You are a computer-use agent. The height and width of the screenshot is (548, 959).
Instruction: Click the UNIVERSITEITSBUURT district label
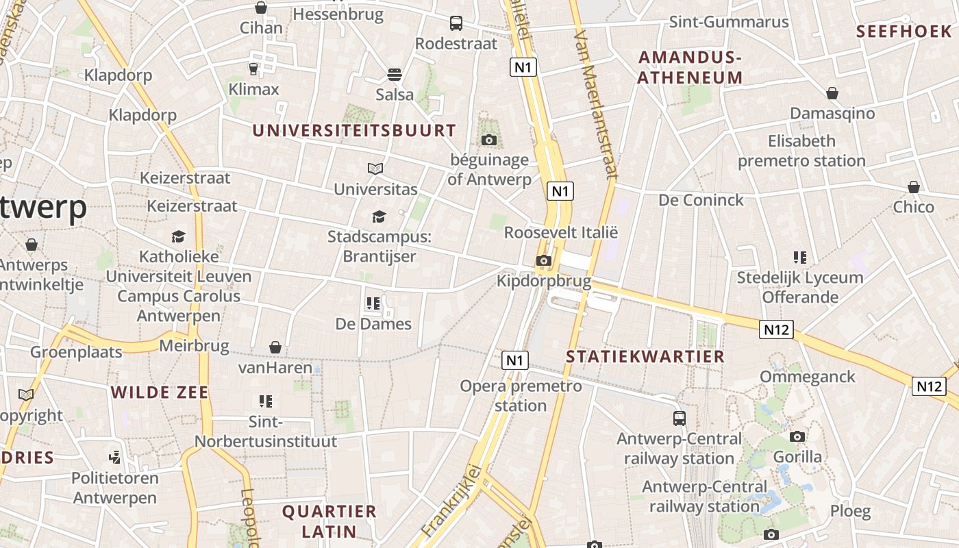click(354, 130)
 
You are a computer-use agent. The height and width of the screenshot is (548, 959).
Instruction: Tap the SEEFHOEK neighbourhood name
click(904, 32)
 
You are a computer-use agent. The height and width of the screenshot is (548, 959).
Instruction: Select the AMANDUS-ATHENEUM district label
click(690, 67)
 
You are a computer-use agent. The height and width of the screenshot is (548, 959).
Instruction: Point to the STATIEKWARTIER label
click(645, 356)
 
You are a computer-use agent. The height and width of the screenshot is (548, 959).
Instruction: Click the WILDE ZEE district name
click(160, 393)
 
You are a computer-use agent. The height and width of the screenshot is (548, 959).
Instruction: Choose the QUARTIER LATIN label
click(329, 521)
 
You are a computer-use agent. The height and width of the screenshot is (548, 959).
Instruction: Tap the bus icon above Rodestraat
click(456, 23)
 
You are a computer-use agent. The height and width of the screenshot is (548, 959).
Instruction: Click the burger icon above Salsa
click(394, 74)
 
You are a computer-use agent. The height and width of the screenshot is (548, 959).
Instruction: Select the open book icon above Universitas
click(375, 169)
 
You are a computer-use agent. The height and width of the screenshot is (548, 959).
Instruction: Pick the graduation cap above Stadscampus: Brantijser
click(379, 217)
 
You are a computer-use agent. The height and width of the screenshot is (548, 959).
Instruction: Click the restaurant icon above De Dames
click(373, 303)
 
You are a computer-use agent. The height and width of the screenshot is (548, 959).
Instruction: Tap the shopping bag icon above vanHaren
click(275, 347)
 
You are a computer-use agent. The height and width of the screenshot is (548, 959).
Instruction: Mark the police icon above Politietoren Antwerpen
click(115, 457)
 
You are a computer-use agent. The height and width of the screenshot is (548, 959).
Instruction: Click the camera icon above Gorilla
click(797, 436)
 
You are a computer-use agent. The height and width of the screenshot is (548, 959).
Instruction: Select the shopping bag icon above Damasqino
click(832, 93)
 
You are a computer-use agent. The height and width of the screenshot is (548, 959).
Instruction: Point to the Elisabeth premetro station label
click(801, 151)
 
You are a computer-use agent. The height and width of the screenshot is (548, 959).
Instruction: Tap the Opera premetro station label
click(521, 395)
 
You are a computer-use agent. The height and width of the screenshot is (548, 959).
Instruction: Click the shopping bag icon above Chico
click(913, 187)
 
